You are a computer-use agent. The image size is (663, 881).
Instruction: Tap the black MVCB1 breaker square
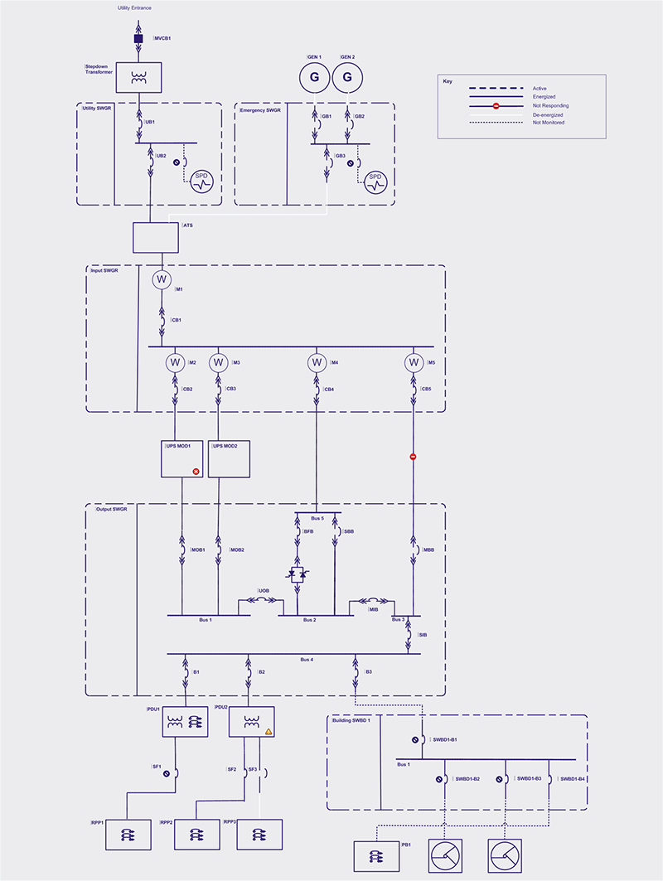point(138,39)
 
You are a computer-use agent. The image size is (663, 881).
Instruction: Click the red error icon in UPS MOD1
point(196,472)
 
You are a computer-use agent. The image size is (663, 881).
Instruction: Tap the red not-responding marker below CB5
point(413,457)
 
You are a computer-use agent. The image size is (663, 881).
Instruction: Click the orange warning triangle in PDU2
point(269,731)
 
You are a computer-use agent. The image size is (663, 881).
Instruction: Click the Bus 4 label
point(307,660)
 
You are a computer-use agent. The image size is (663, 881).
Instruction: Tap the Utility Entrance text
point(134,7)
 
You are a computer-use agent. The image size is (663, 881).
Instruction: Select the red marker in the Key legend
point(496,105)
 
